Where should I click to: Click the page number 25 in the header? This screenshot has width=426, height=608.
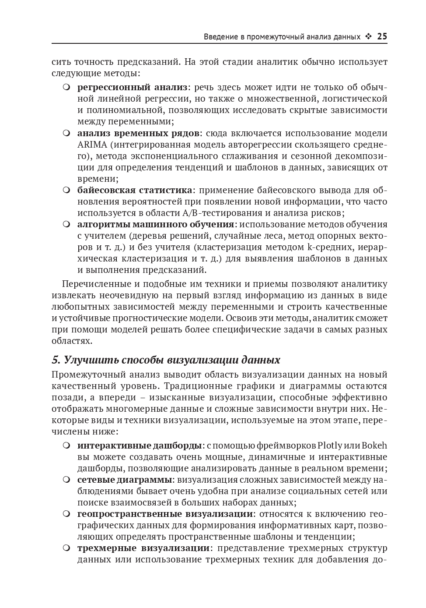(x=382, y=37)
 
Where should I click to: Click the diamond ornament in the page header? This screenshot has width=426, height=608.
(x=369, y=37)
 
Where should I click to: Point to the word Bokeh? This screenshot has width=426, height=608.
(x=374, y=446)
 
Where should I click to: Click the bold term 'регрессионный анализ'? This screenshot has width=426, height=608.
(x=133, y=88)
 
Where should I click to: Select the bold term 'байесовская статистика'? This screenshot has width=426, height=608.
(x=135, y=190)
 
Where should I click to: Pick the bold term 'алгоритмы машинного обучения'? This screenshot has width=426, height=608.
(x=156, y=224)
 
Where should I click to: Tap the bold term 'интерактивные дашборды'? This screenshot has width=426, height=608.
(x=140, y=446)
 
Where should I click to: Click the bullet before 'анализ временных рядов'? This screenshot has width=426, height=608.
(x=66, y=133)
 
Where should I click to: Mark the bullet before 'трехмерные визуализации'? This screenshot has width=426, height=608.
(x=66, y=548)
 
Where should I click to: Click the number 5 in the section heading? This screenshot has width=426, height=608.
(x=55, y=360)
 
